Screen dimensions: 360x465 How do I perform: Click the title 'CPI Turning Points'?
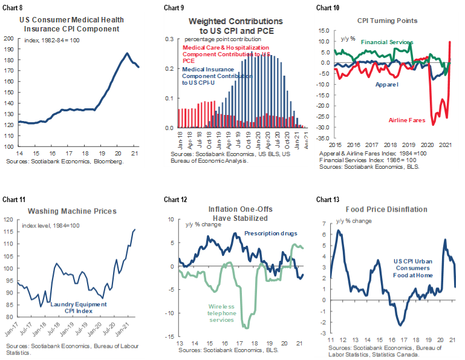tap(387, 20)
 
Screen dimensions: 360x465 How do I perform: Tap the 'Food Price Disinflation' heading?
tap(389, 209)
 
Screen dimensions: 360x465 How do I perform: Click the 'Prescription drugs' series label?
tap(269, 234)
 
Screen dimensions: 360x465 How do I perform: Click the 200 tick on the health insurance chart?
tap(9, 38)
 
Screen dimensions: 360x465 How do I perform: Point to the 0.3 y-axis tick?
tap(169, 39)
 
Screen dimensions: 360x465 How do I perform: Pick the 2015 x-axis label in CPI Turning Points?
tap(334, 146)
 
